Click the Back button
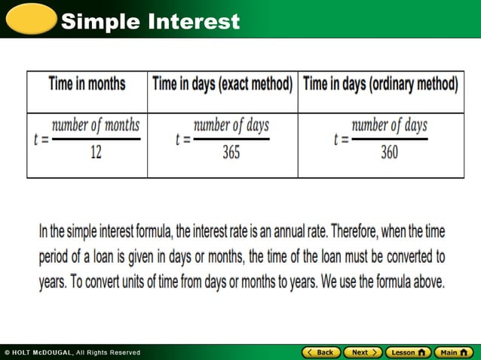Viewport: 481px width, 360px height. tap(320, 352)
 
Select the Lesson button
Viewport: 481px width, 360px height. tap(408, 352)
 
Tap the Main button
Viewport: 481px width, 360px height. tap(453, 352)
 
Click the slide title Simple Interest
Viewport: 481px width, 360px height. tap(150, 21)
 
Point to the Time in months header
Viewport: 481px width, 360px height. tap(87, 84)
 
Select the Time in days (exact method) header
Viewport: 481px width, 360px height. tap(222, 84)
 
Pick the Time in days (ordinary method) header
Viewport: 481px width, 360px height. tap(381, 84)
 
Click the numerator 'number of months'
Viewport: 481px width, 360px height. tap(96, 125)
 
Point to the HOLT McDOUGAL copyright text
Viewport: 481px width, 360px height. tap(72, 352)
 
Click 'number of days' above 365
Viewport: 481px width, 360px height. tap(231, 125)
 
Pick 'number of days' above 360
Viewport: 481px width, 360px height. tap(390, 125)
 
